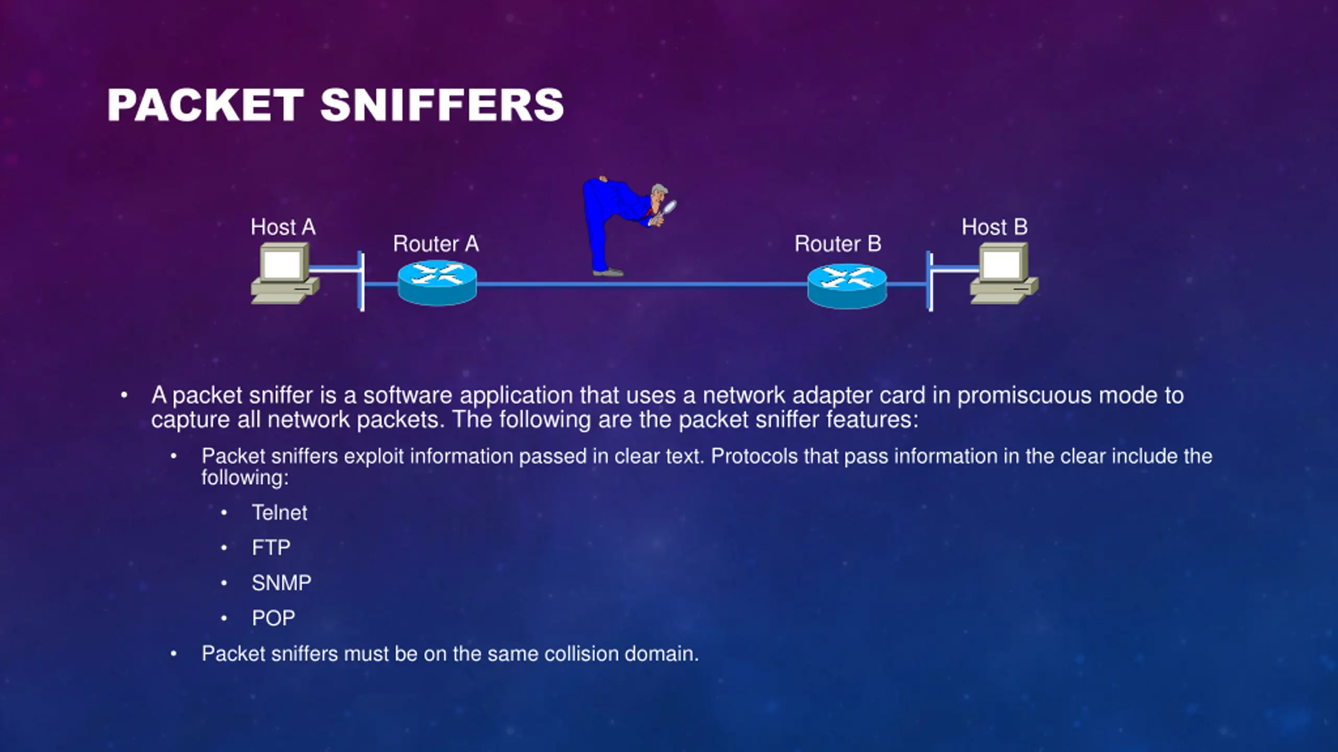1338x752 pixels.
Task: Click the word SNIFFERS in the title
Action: coord(442,105)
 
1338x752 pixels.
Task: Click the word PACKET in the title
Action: coord(205,105)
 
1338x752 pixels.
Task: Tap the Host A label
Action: coord(283,227)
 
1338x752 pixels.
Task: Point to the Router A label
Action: coord(435,244)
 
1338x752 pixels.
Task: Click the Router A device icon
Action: coord(437,283)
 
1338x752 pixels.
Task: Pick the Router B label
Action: coord(837,244)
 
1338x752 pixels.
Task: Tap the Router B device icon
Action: coord(847,285)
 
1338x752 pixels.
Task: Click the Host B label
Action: coord(994,227)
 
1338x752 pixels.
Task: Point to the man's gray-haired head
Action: coord(658,192)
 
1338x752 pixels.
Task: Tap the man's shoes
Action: coord(608,272)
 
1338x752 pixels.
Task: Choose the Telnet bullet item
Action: coord(279,513)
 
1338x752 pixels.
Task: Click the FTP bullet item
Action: coord(271,548)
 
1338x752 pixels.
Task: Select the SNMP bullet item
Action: coord(281,583)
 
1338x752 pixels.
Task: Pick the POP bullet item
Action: coord(273,618)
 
